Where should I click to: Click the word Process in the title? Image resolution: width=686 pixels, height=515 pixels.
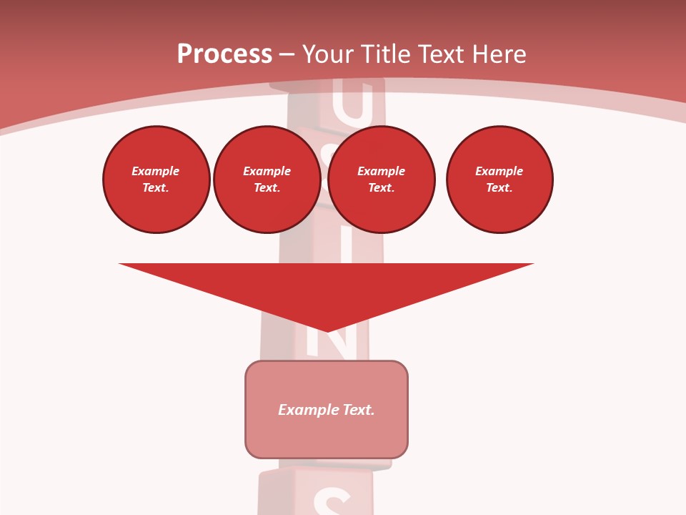224,54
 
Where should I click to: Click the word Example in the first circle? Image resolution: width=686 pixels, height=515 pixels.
156,171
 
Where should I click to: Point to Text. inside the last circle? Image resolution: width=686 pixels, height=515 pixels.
499,188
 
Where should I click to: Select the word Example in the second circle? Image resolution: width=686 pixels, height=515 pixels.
267,171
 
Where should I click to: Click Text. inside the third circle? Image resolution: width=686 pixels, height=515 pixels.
382,188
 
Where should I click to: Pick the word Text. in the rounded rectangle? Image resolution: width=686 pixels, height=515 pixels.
358,410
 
